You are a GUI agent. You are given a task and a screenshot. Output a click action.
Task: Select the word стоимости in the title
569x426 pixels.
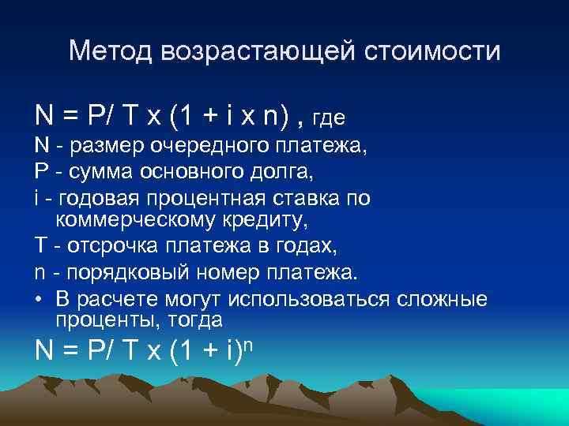point(431,52)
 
